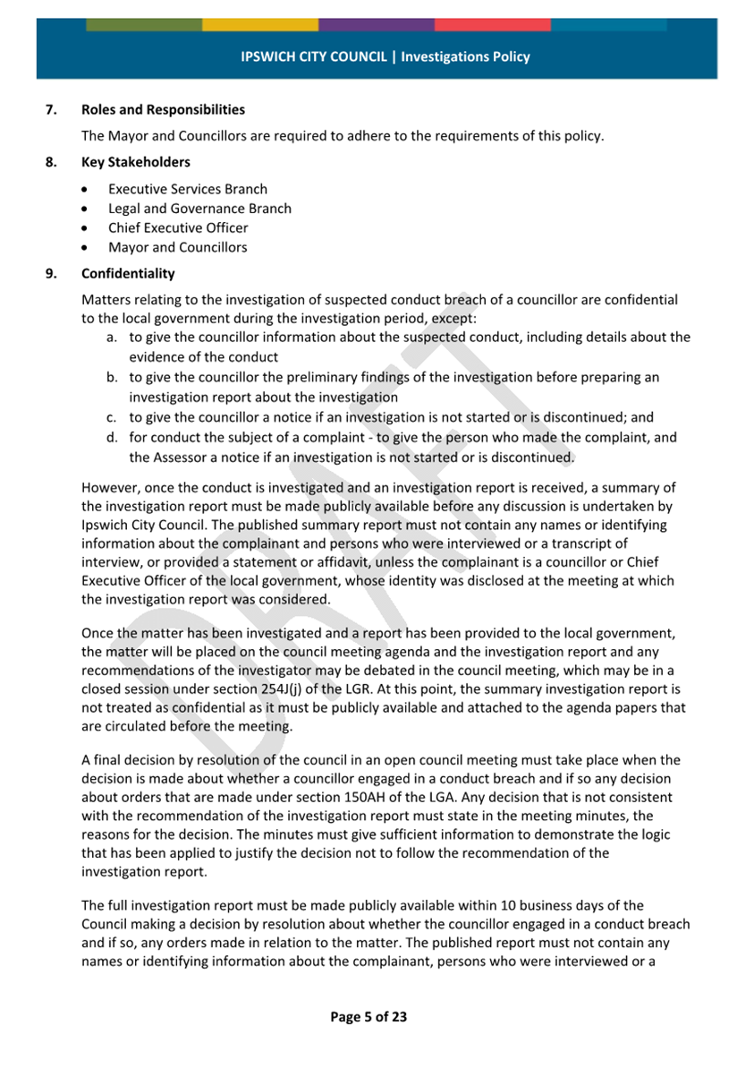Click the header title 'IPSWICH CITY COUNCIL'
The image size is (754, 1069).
click(314, 56)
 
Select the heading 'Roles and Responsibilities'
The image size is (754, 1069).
click(163, 110)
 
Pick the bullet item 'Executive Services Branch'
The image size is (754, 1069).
click(187, 189)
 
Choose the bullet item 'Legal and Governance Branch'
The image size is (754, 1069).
click(199, 209)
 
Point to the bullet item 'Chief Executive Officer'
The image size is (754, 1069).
click(178, 227)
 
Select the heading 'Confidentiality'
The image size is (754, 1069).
click(128, 273)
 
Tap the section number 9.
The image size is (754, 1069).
click(51, 273)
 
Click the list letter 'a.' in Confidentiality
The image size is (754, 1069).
click(113, 338)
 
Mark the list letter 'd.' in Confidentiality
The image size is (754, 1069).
click(113, 438)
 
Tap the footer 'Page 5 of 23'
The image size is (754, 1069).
click(369, 1016)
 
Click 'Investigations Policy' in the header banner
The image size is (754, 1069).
click(465, 56)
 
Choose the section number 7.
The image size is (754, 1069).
click(51, 110)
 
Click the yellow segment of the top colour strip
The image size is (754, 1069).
click(260, 24)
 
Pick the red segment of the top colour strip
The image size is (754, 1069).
click(493, 24)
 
